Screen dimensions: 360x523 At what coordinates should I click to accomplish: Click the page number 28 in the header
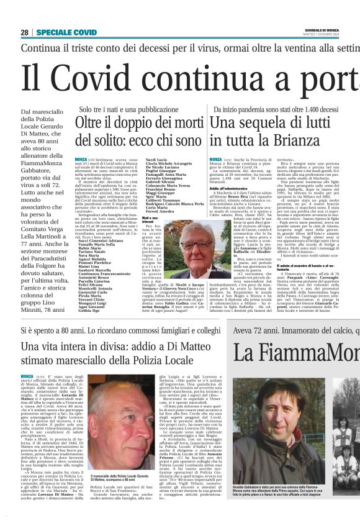25,32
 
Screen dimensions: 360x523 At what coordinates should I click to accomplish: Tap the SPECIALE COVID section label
66,32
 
